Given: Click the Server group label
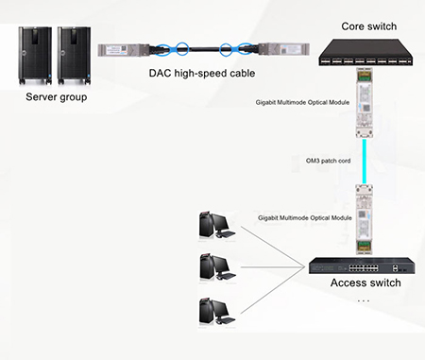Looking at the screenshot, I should [x=56, y=96].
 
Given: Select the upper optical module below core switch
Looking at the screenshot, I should [x=364, y=104].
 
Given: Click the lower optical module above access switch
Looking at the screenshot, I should [x=363, y=219].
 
